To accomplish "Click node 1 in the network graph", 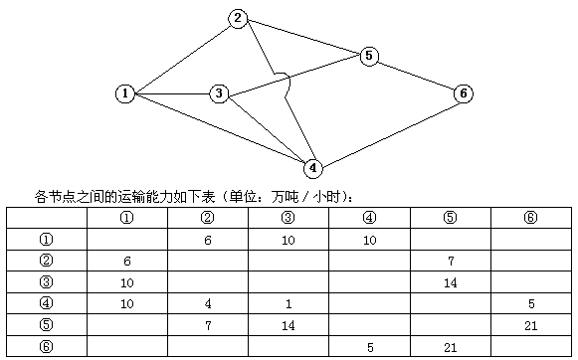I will (124, 93).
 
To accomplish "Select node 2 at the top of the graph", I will (237, 18).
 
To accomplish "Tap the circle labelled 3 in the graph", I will (219, 93).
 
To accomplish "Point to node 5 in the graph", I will (369, 56).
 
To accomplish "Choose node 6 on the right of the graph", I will (463, 93).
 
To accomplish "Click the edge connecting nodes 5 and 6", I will (416, 75).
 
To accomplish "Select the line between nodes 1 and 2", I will (180, 56).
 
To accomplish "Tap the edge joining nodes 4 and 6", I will (388, 130).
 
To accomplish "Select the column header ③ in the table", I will (288, 218).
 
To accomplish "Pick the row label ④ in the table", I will (46, 303).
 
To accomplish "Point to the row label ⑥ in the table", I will (46, 347).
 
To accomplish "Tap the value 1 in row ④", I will (288, 303).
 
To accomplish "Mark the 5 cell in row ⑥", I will (369, 347).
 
